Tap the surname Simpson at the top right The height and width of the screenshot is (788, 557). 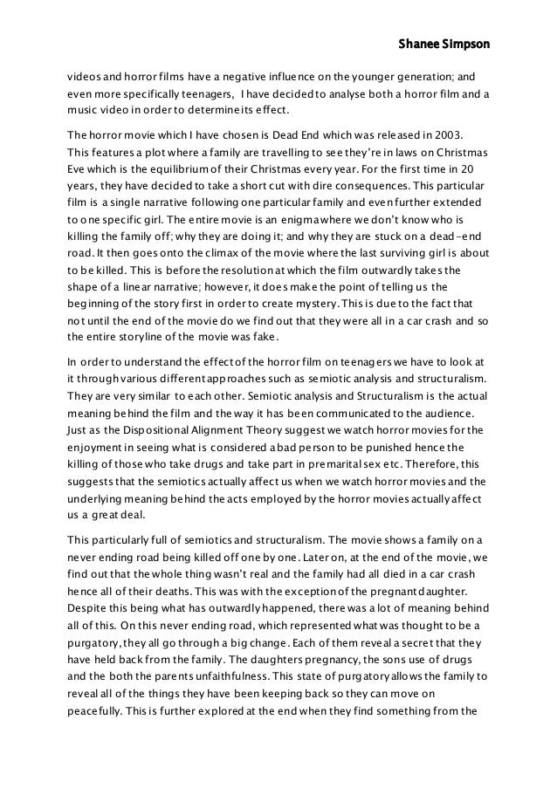tap(464, 43)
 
